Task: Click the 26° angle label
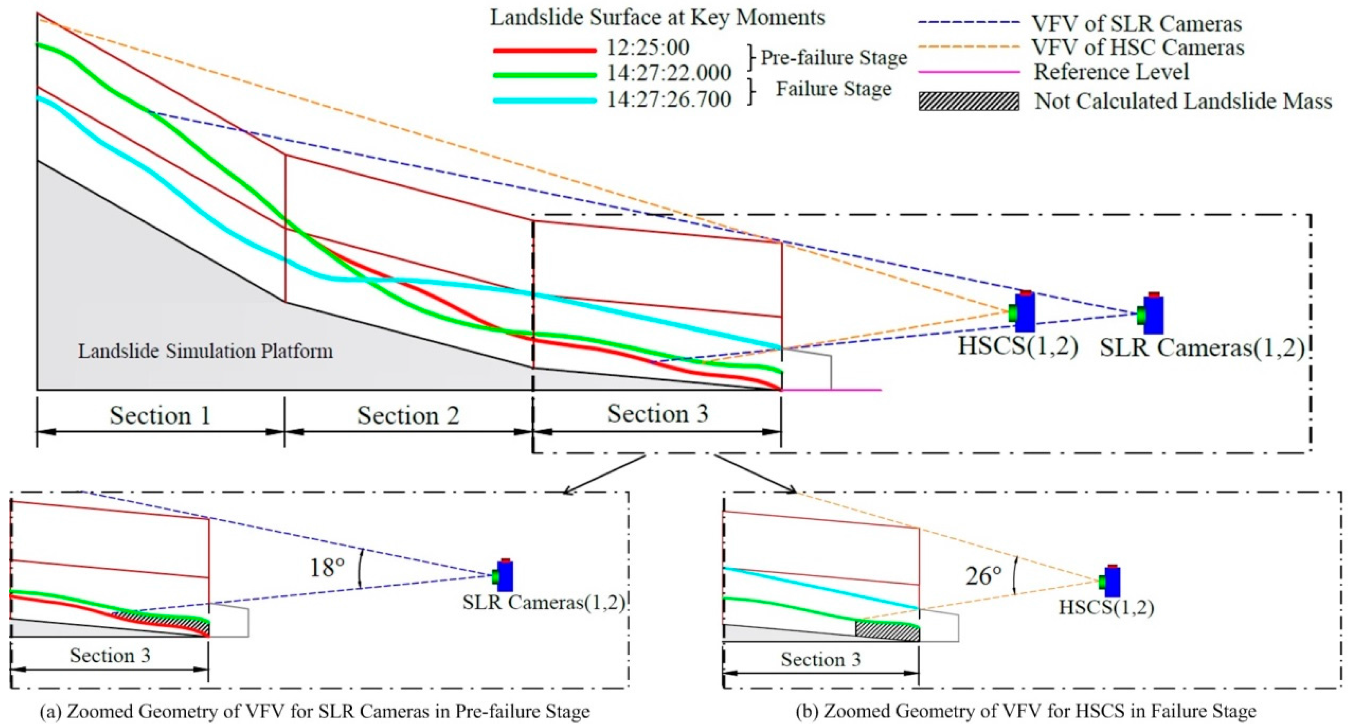pyautogui.click(x=983, y=576)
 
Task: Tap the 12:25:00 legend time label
pyautogui.click(x=648, y=48)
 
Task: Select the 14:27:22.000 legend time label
pyautogui.click(x=669, y=73)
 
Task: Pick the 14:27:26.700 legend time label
pyautogui.click(x=669, y=99)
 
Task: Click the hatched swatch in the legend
pyautogui.click(x=969, y=101)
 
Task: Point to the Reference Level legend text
pyautogui.click(x=1111, y=72)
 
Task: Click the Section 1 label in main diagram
pyautogui.click(x=160, y=416)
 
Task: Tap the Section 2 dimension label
pyautogui.click(x=408, y=416)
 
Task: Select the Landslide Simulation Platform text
pyautogui.click(x=206, y=351)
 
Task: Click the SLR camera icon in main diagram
pyautogui.click(x=1152, y=313)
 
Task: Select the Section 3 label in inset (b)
pyautogui.click(x=821, y=659)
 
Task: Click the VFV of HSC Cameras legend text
pyautogui.click(x=1138, y=48)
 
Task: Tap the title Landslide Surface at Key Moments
pyautogui.click(x=658, y=18)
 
